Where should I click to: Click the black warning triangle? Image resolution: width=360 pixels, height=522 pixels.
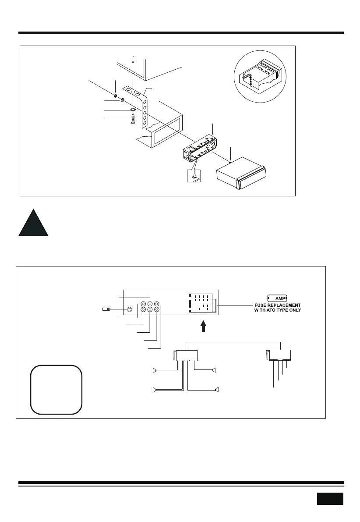point(33,224)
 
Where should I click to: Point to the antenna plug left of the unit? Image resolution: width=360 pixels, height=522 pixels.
point(105,309)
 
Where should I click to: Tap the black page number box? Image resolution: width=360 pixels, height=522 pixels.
point(330,498)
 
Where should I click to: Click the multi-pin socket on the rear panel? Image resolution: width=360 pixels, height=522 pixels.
point(201,303)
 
